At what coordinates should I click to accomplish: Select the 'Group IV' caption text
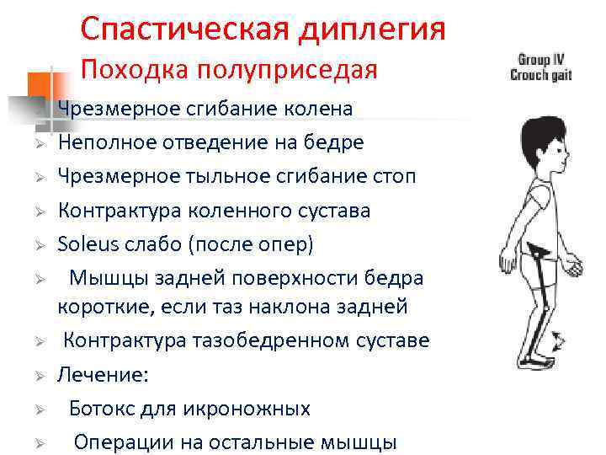tap(540, 60)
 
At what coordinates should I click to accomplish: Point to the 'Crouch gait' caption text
tap(540, 74)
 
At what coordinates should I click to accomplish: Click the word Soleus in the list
tap(86, 244)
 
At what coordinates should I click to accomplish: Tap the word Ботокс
tap(101, 409)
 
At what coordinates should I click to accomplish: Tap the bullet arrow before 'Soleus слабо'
tap(39, 245)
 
